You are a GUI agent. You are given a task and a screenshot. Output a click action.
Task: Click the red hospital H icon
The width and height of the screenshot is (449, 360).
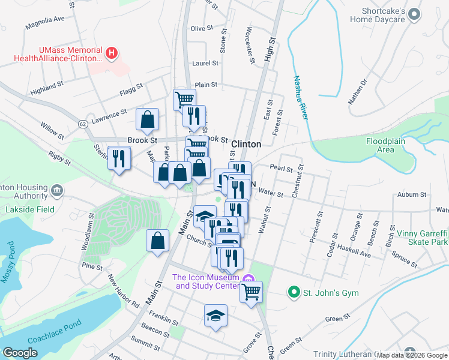click(x=111, y=53)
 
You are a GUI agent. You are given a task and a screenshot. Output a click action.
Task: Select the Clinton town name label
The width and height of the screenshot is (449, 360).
click(x=246, y=144)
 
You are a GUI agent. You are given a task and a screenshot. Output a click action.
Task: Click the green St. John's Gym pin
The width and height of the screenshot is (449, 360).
click(x=294, y=292)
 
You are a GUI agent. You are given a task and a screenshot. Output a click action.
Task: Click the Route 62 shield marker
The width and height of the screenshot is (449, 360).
click(x=82, y=124)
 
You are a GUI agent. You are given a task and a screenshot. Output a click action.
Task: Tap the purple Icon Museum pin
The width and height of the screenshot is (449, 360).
click(x=249, y=277)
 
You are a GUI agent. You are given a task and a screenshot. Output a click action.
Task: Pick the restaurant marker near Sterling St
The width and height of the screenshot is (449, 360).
click(x=118, y=158)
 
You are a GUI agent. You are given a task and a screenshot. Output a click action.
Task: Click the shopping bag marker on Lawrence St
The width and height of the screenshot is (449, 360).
click(x=147, y=120)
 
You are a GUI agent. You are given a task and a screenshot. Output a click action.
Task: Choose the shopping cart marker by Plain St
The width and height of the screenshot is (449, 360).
click(x=184, y=99)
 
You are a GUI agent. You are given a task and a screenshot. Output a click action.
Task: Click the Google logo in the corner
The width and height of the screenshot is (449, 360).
click(x=20, y=352)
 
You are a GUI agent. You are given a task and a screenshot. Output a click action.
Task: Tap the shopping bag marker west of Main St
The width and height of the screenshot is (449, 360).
click(x=157, y=241)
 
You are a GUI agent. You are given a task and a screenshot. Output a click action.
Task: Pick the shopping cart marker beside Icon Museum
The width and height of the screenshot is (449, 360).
click(x=252, y=292)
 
